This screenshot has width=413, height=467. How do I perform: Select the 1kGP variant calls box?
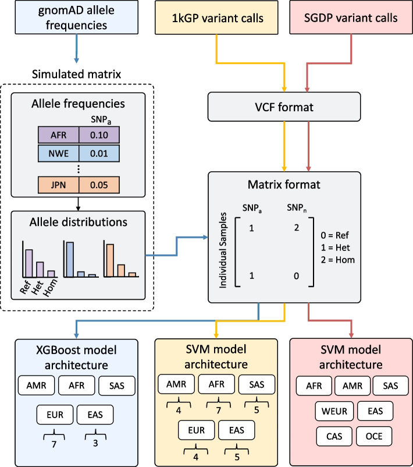point(217,18)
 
